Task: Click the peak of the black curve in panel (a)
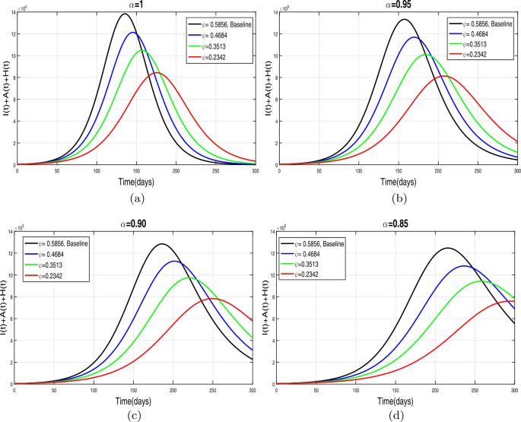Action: point(125,14)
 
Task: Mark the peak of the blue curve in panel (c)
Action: point(174,261)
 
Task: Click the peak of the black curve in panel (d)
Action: point(446,248)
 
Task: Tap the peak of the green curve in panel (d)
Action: point(481,281)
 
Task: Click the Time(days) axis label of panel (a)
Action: point(135,182)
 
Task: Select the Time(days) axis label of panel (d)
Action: point(396,401)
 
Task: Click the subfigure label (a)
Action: point(135,199)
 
